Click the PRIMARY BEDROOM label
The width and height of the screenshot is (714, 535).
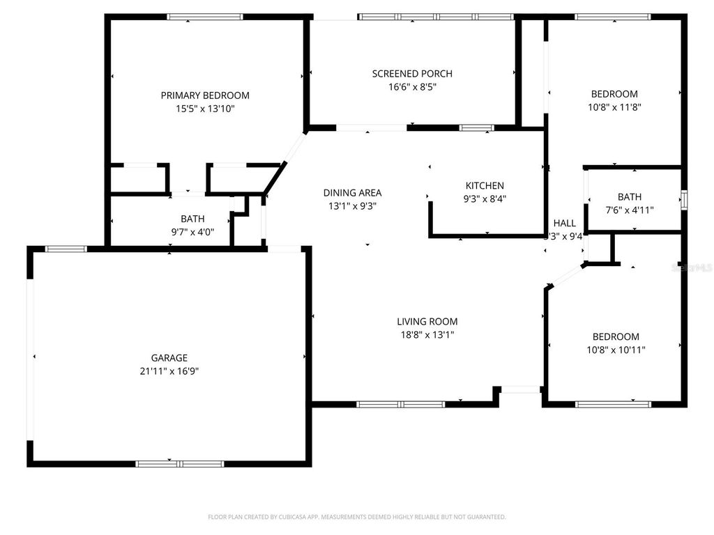pyautogui.click(x=205, y=95)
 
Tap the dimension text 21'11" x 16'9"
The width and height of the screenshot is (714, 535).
pyautogui.click(x=170, y=371)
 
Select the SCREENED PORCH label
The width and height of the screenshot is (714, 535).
pyautogui.click(x=412, y=74)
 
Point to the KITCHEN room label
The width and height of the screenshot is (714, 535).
pyautogui.click(x=485, y=186)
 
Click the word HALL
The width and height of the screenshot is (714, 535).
pyautogui.click(x=564, y=223)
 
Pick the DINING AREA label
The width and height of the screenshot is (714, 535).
pyautogui.click(x=352, y=193)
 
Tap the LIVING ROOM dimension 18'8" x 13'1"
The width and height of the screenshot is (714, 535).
pyautogui.click(x=427, y=335)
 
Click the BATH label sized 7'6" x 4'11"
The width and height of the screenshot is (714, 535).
pyautogui.click(x=629, y=197)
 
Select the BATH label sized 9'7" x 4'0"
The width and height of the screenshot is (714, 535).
pyautogui.click(x=192, y=219)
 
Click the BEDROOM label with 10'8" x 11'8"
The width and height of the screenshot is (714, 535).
pyautogui.click(x=614, y=94)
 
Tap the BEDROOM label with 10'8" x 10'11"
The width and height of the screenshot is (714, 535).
pyautogui.click(x=614, y=336)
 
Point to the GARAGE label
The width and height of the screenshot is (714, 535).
pyautogui.click(x=169, y=358)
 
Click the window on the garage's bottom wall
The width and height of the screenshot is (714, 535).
pyautogui.click(x=180, y=463)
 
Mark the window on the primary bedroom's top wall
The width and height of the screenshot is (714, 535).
pyautogui.click(x=204, y=17)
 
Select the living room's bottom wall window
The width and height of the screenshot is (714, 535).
pyautogui.click(x=401, y=404)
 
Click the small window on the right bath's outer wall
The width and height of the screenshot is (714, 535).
pyautogui.click(x=685, y=199)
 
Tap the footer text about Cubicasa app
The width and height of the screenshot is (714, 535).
pyautogui.click(x=357, y=517)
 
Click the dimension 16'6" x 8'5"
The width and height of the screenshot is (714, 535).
pyautogui.click(x=412, y=87)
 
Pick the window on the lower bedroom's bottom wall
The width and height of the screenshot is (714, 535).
pyautogui.click(x=614, y=404)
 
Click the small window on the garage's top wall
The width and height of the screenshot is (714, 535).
pyautogui.click(x=66, y=249)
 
